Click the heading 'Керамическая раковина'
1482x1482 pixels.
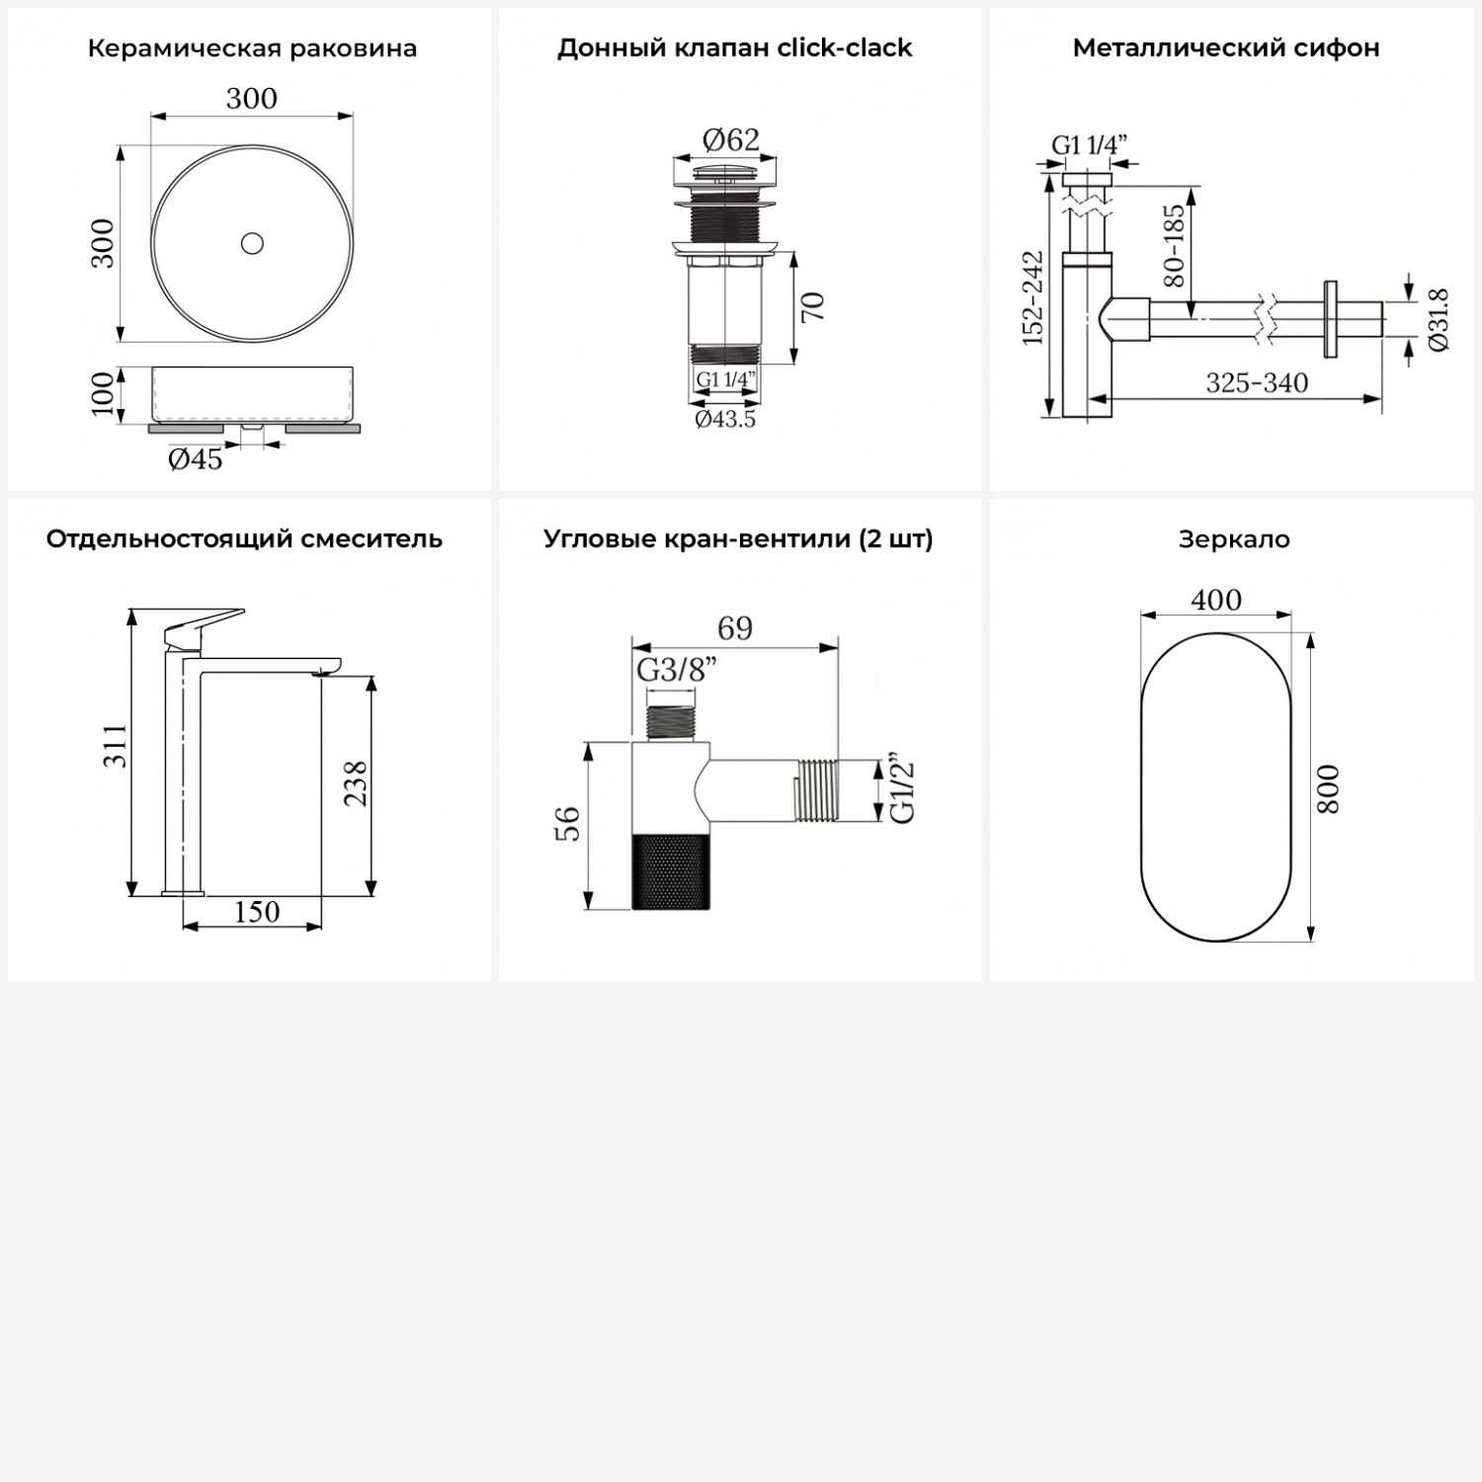[252, 48]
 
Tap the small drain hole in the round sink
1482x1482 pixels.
[252, 242]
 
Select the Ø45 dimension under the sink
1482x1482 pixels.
[195, 459]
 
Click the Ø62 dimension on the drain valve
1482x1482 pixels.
[730, 140]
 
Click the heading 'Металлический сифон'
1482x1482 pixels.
[1225, 48]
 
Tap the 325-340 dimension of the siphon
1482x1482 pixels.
[1256, 383]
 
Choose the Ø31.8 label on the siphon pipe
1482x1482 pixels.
[1439, 319]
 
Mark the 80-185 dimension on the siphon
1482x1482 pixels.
[1174, 245]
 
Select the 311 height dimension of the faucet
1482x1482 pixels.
[117, 746]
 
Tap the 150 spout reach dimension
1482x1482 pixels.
[256, 911]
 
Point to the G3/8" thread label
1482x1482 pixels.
[676, 670]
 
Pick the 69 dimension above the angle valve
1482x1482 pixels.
[734, 628]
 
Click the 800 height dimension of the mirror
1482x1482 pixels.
[1330, 788]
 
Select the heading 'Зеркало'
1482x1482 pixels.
[1233, 539]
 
